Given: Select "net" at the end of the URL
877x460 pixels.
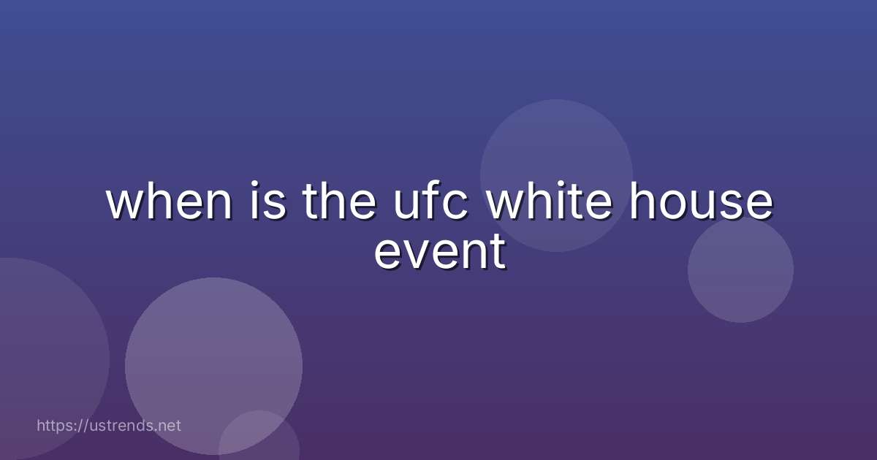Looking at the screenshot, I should click(x=169, y=425).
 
